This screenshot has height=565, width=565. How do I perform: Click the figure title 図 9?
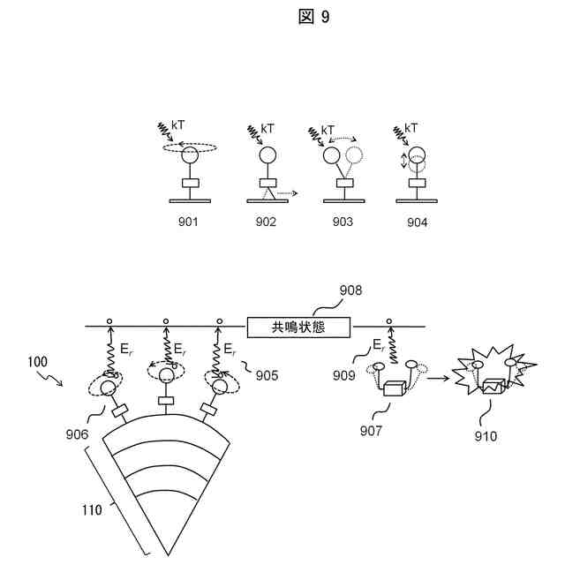(x=313, y=17)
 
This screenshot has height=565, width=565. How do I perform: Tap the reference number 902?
(x=266, y=222)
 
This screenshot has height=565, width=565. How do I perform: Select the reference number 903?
(x=342, y=222)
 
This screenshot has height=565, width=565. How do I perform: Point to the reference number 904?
(x=418, y=222)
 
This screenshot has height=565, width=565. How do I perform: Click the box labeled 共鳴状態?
(x=298, y=327)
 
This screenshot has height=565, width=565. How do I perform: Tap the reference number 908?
(x=351, y=290)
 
